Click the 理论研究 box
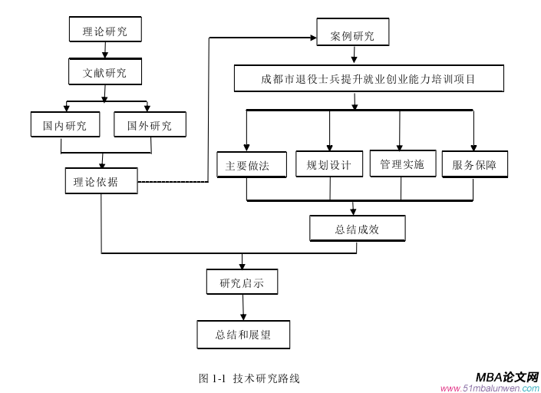[105, 31]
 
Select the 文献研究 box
[105, 74]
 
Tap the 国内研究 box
[65, 124]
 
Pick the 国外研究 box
[150, 124]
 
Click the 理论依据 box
[101, 182]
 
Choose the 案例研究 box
[352, 35]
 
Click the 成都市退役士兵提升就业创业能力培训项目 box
[368, 79]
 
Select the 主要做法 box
[247, 165]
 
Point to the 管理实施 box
[402, 164]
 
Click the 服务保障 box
[474, 164]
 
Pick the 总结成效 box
[357, 229]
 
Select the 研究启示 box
[242, 282]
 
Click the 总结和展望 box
[242, 335]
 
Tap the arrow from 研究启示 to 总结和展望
[243, 307]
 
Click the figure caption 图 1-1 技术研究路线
[249, 378]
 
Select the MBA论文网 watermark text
[506, 377]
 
